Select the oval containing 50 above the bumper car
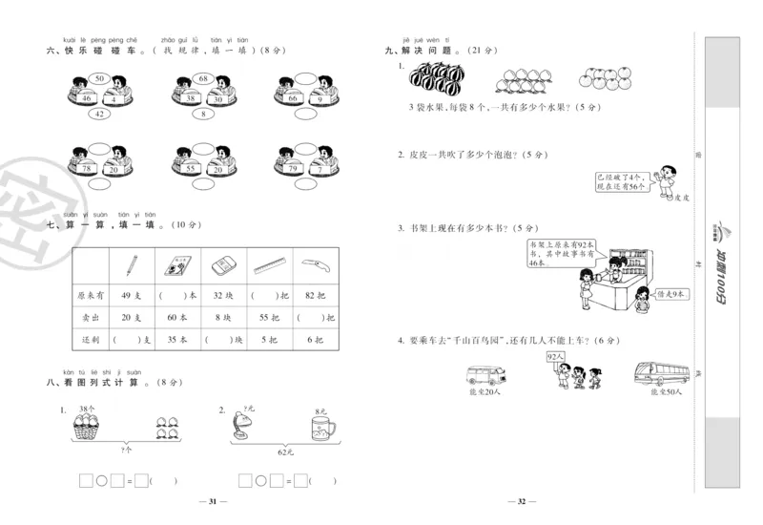pyautogui.click(x=99, y=78)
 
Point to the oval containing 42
pyautogui.click(x=99, y=115)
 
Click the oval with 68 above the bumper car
pyautogui.click(x=203, y=78)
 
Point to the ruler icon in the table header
pyautogui.click(x=270, y=262)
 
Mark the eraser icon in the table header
pyautogui.click(x=222, y=262)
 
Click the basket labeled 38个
pyautogui.click(x=91, y=425)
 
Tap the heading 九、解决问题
pyautogui.click(x=423, y=51)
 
